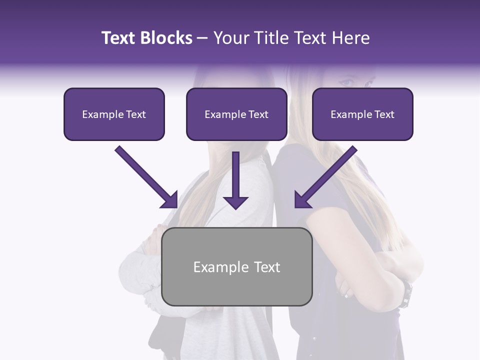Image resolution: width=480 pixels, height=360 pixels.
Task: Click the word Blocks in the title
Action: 166,38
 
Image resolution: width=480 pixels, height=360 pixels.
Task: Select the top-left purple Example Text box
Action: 114,114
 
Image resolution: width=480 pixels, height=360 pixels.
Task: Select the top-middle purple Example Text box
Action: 236,114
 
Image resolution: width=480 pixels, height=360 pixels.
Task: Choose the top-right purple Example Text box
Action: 362,114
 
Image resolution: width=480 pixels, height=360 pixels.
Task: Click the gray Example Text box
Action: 237,267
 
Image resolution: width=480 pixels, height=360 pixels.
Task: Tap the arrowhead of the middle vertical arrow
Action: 235,202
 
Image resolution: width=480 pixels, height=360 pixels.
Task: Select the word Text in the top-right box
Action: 384,114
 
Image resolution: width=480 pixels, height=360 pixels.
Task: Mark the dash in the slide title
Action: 202,38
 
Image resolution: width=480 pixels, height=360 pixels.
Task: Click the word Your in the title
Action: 230,38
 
